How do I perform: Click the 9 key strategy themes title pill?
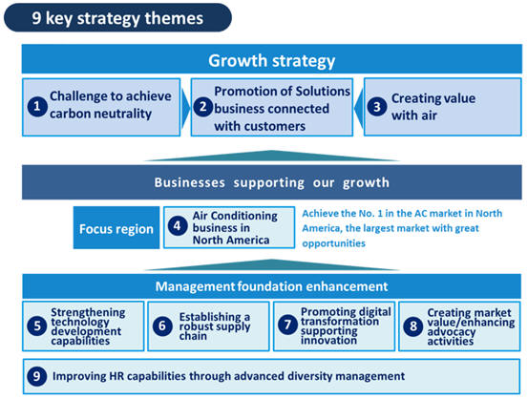point(117,18)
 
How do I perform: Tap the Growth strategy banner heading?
point(271,60)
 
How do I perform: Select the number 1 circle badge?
point(37,107)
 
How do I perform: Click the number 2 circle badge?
point(203,107)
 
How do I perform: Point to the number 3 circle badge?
point(377,107)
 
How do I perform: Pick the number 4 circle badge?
point(178,225)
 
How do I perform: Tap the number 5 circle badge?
point(37,325)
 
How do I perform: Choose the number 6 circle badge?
point(162,325)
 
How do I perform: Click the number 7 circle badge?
point(287,325)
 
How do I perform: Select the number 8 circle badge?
point(413,325)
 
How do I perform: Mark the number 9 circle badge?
point(36,376)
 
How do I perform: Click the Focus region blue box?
point(116,227)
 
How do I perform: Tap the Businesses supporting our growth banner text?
point(271,182)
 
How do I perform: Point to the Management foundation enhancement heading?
point(271,286)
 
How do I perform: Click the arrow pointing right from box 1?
point(186,108)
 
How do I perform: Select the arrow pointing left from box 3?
point(359,108)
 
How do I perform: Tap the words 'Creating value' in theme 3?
point(433,98)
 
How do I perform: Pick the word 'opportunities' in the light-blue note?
point(333,243)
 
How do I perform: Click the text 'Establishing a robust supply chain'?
point(215,326)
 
